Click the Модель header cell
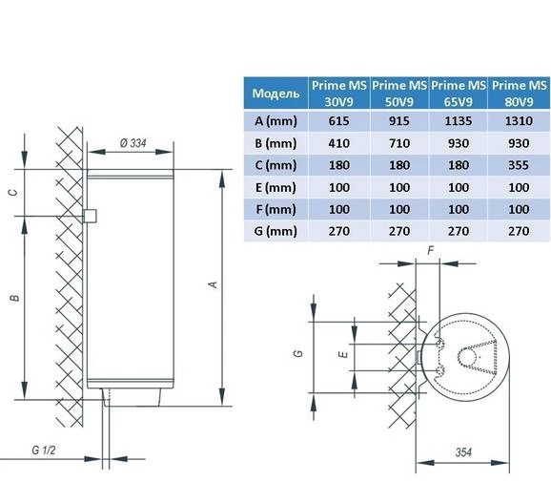click(x=275, y=94)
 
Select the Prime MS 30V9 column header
click(x=339, y=94)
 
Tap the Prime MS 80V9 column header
click(x=519, y=94)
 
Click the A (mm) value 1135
click(x=459, y=121)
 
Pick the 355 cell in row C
click(x=519, y=165)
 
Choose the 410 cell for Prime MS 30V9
click(x=339, y=143)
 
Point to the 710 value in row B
click(x=399, y=143)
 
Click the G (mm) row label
click(x=275, y=231)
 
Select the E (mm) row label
click(x=275, y=187)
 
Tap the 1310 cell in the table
click(x=519, y=121)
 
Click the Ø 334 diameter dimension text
click(x=133, y=143)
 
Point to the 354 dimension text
click(x=463, y=452)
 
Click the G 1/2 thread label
click(x=44, y=451)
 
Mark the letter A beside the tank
click(x=214, y=284)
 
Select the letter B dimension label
click(x=14, y=299)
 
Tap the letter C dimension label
click(x=13, y=193)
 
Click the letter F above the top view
click(x=431, y=251)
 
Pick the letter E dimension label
click(x=344, y=354)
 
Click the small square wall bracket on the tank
click(x=90, y=216)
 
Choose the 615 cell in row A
click(x=339, y=121)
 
